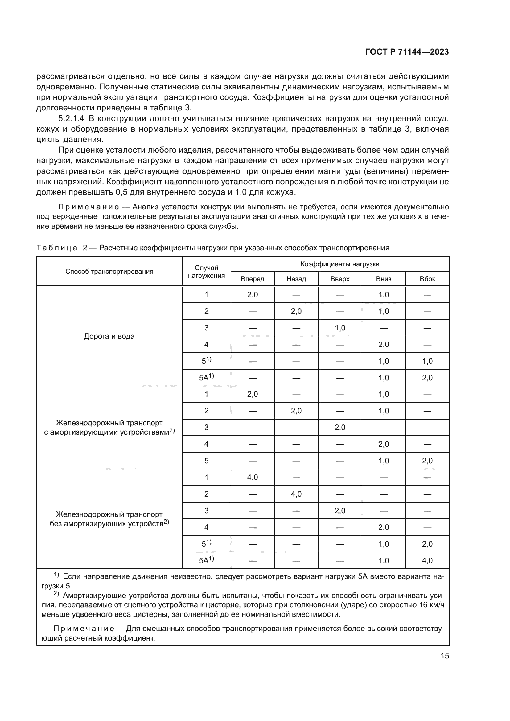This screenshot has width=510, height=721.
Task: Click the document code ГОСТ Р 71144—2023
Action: (407, 52)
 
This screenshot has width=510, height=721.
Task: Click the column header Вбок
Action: (427, 279)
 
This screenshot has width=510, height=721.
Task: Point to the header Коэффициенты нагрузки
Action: (340, 264)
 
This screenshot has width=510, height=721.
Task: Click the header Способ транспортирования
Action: (109, 271)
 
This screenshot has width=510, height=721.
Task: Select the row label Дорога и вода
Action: (109, 336)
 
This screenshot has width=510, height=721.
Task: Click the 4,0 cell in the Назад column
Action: (296, 494)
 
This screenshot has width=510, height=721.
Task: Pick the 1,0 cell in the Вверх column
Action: (340, 328)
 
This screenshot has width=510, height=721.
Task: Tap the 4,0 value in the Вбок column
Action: (427, 560)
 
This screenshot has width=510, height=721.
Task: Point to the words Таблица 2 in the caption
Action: (62, 248)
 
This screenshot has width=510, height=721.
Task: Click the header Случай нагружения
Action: (206, 271)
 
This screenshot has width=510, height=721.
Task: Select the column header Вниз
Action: (384, 279)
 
